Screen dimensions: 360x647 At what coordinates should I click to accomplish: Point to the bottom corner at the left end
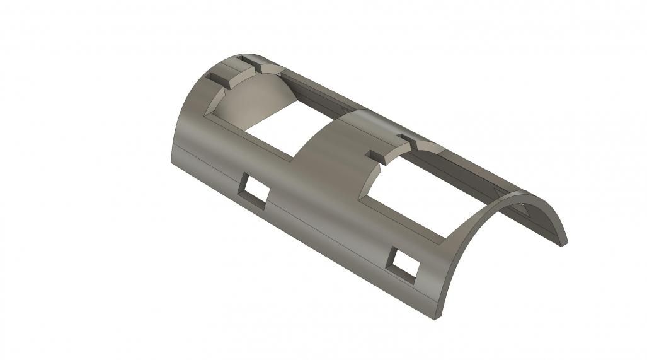click(171, 159)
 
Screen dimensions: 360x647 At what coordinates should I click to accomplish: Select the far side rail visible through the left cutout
click(315, 95)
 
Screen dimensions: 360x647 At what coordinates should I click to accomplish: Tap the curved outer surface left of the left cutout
click(189, 126)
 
